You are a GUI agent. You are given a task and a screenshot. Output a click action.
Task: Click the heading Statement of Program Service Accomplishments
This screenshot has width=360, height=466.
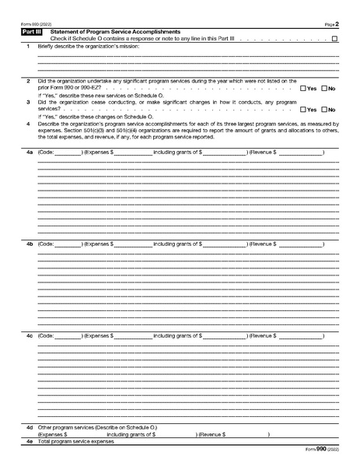(115, 31)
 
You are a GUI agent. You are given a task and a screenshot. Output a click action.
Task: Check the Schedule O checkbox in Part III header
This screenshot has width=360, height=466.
(334, 38)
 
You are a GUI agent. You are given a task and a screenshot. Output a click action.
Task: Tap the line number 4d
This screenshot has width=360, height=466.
(29, 427)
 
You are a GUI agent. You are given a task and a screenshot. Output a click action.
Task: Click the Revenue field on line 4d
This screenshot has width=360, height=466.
(247, 434)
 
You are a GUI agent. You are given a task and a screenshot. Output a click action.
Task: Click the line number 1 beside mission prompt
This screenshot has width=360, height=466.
(28, 47)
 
